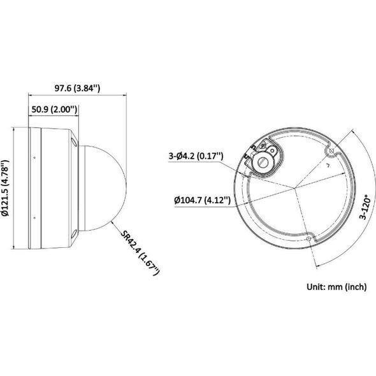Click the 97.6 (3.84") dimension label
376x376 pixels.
click(77, 88)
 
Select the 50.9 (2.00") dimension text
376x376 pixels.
click(54, 110)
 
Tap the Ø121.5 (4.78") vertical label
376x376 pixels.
click(5, 188)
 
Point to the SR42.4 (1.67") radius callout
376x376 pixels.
click(140, 253)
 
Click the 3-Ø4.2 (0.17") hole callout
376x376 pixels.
click(196, 156)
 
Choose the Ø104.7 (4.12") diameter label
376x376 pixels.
click(203, 199)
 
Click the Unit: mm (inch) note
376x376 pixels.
click(336, 287)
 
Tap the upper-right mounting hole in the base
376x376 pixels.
click(331, 151)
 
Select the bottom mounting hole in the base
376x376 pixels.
click(308, 238)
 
